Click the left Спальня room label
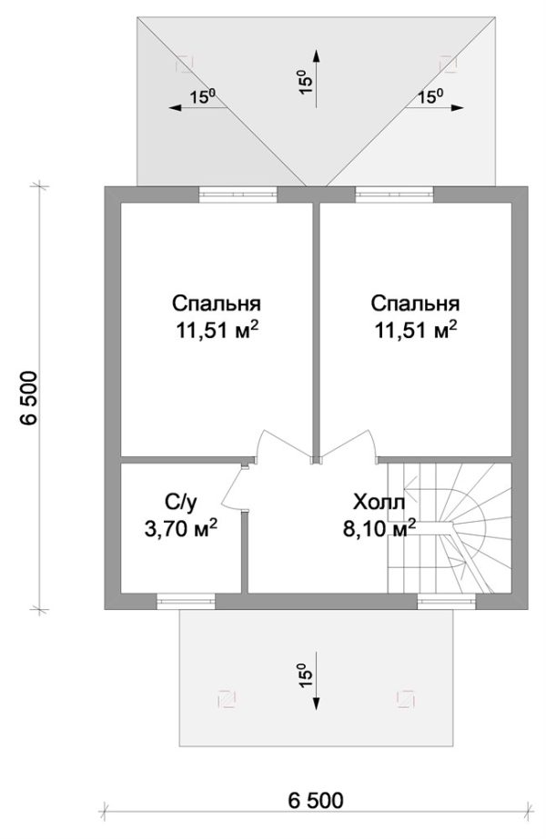point(217,304)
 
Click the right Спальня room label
point(415,304)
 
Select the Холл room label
point(379,503)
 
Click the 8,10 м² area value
point(379,528)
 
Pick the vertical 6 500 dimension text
point(29,397)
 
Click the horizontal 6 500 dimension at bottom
point(315,801)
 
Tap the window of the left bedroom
point(238,195)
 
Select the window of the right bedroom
point(394,195)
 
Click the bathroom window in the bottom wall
point(186,602)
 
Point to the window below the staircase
point(446,602)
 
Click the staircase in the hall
point(449,528)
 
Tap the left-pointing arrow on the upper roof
point(198,107)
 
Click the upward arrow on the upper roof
point(316,79)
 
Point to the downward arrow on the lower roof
point(316,681)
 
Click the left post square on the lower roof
point(227,699)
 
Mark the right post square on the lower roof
point(405,699)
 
